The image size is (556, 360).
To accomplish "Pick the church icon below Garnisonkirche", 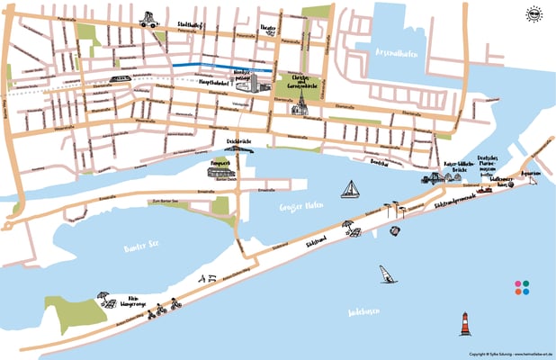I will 300,105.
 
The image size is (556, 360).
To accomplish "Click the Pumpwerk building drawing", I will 222,171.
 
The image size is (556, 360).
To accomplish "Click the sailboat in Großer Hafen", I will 350,189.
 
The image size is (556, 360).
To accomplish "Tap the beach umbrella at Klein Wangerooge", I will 103,295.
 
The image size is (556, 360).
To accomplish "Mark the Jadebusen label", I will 362,311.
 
